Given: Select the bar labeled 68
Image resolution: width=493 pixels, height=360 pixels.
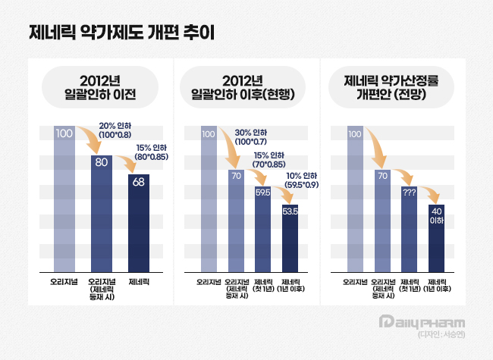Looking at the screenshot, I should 139,224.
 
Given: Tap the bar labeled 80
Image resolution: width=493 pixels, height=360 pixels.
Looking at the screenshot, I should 102,212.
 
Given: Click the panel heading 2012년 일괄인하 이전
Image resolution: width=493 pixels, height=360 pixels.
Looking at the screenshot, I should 100,88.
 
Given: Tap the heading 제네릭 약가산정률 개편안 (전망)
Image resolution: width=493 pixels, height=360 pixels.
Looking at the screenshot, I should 394,88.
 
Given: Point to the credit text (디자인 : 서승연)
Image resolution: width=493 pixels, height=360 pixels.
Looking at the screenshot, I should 441,335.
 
